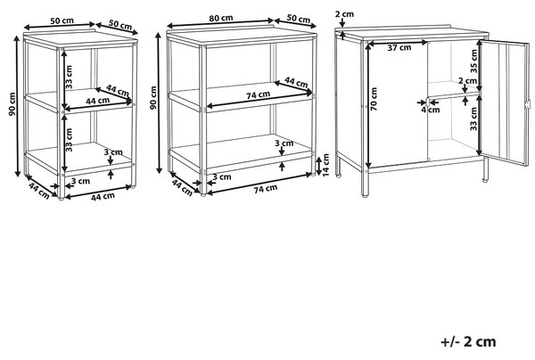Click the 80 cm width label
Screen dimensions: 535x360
click(221, 18)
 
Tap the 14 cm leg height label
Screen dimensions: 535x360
click(325, 165)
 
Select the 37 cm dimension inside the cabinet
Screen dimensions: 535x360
click(399, 48)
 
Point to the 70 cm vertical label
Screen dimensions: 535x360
click(374, 99)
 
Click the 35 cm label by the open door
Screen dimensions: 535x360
click(473, 61)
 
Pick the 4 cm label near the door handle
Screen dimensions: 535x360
click(431, 110)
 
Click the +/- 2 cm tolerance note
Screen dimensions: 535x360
click(468, 341)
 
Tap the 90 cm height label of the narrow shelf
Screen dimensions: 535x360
click(12, 104)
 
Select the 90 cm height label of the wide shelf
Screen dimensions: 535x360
click(153, 98)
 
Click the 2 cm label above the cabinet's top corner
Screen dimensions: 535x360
click(344, 14)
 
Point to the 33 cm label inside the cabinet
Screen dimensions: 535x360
click(473, 119)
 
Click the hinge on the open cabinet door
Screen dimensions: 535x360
click(528, 104)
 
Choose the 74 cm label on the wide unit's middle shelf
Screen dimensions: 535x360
click(259, 95)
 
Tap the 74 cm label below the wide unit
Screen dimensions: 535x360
click(266, 189)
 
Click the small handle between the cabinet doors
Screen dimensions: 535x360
click(428, 102)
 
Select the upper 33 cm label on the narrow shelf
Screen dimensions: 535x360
click(69, 77)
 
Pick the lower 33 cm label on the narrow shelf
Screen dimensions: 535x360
click(69, 140)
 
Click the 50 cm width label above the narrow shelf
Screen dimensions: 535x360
click(62, 20)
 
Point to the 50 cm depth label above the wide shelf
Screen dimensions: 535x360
click(298, 19)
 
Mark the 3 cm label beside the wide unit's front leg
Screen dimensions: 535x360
click(222, 177)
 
